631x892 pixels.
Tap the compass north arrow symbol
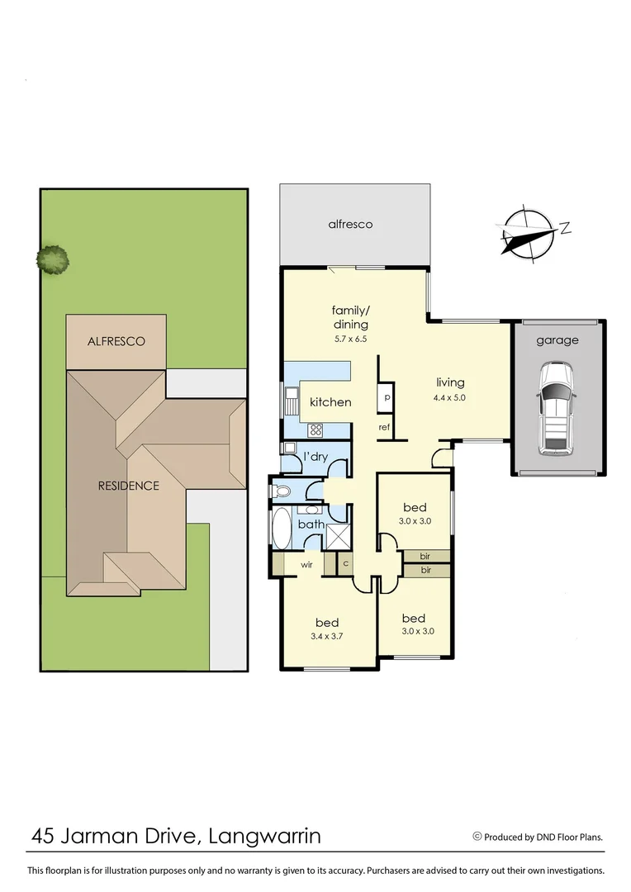[528, 230]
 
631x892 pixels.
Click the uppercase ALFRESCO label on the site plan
[116, 341]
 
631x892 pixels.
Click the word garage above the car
[557, 339]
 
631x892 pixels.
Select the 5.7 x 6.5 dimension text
[350, 339]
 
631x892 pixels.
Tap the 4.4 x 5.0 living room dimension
[450, 397]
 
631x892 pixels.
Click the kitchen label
[330, 402]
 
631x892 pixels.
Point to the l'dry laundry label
[315, 457]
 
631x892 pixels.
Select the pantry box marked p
[386, 398]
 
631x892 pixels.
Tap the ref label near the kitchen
[384, 427]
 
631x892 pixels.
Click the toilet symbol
[282, 491]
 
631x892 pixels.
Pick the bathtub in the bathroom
[282, 529]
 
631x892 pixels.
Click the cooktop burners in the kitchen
[315, 429]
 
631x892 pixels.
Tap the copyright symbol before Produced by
[477, 836]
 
